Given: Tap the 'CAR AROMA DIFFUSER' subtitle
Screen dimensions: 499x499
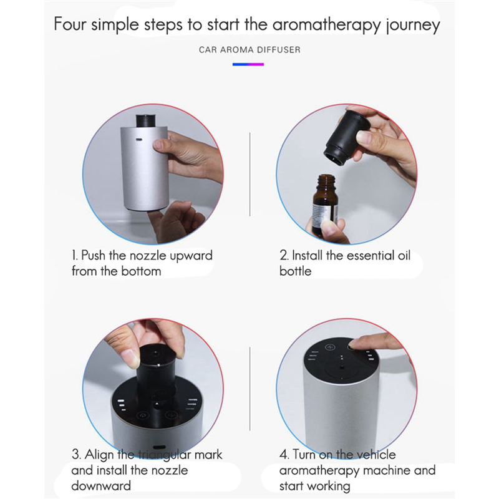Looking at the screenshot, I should tap(249, 49).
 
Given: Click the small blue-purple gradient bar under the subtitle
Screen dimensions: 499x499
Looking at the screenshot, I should tap(248, 64).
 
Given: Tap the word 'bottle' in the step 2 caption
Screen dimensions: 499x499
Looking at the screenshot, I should tap(295, 271).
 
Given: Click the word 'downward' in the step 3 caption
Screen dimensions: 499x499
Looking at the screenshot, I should tap(101, 485).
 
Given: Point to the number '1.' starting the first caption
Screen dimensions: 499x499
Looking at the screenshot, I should tap(74, 256).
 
